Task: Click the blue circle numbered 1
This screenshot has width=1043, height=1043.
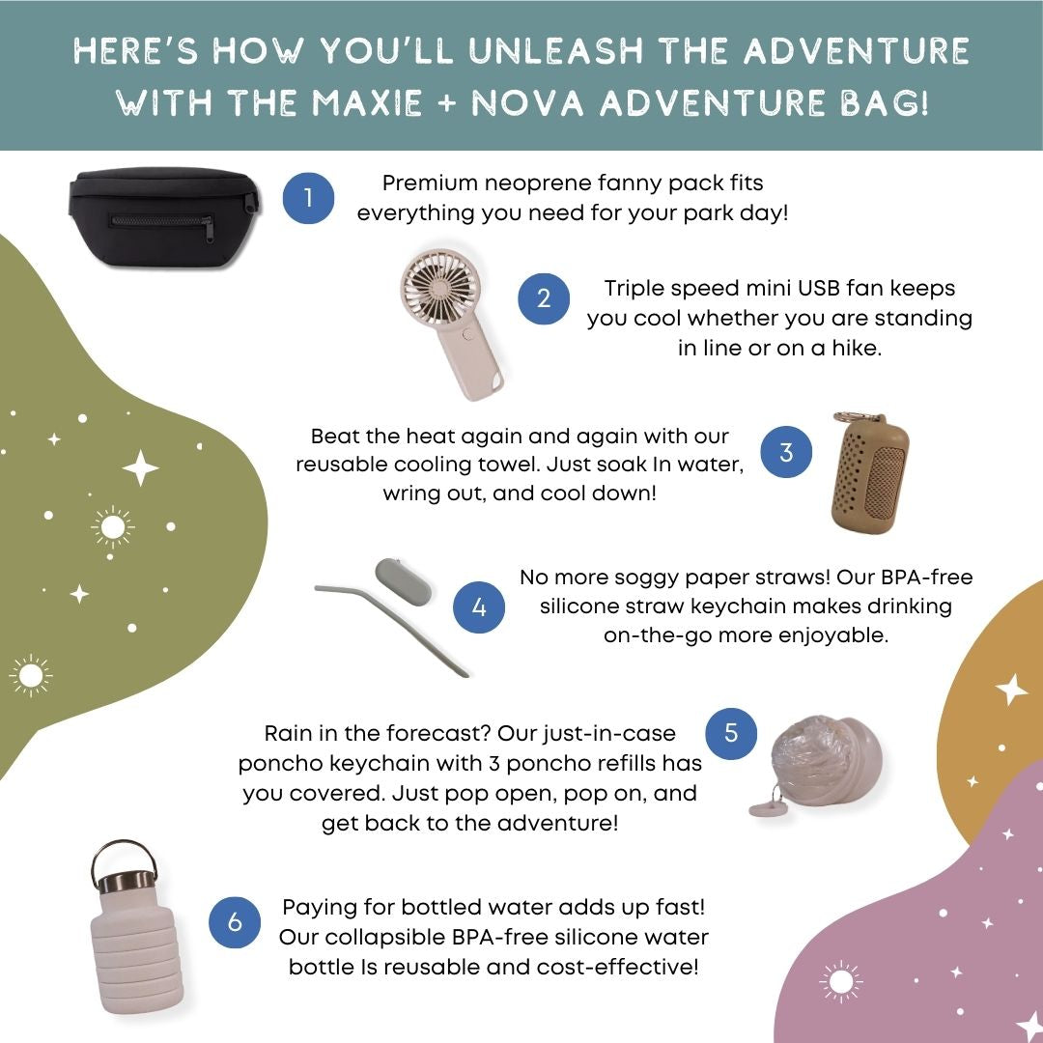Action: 308,198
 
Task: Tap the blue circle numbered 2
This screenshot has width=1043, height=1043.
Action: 544,298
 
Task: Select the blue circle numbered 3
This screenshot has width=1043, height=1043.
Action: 785,452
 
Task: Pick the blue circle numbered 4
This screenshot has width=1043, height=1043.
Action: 478,606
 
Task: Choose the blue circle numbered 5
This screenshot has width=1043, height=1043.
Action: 730,733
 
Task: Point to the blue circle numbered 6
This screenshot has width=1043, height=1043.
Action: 234,922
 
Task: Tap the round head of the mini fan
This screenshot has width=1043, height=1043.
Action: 438,290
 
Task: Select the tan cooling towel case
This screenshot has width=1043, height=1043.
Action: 869,473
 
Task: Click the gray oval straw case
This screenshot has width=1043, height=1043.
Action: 403,581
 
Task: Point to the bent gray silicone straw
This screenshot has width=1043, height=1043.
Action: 392,624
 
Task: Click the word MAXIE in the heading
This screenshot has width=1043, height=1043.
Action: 367,103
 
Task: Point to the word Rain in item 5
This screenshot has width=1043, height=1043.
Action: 288,733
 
